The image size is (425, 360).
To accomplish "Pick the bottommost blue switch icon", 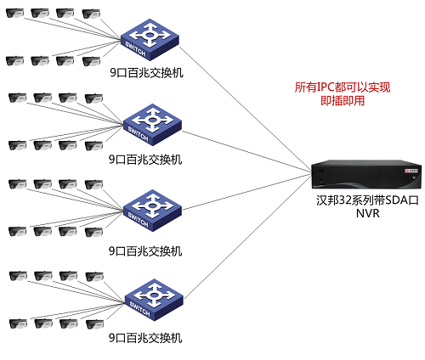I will [x=152, y=297].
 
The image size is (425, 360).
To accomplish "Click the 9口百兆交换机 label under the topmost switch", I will [x=145, y=72].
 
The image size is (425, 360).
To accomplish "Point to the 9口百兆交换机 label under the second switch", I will [x=145, y=159].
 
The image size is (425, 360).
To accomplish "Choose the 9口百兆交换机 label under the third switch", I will [x=145, y=250].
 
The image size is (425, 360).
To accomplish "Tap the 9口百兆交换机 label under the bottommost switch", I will [x=145, y=337].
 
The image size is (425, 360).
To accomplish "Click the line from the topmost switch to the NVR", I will [x=246, y=105].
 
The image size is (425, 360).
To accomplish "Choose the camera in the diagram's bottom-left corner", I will [x=14, y=323].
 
